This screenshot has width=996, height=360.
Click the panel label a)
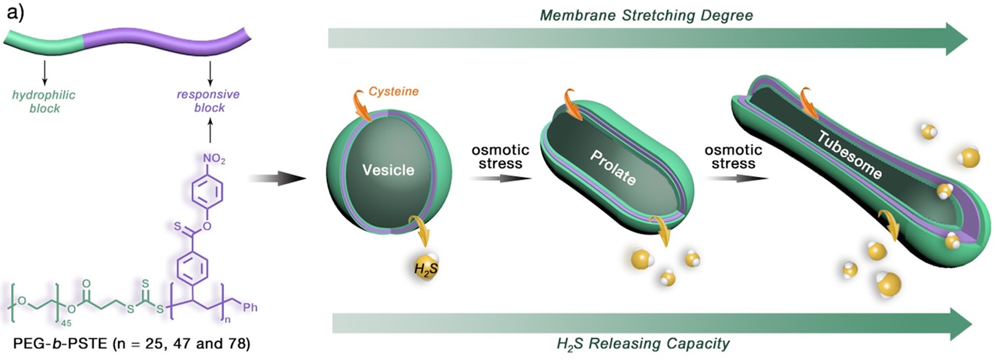point(15,12)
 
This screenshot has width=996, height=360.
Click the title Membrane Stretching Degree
point(646,16)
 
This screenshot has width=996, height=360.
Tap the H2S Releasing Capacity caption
point(643,344)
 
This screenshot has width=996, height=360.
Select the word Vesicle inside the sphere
point(388,170)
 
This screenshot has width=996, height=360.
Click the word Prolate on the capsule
point(613,168)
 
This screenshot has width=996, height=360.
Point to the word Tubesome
point(850,154)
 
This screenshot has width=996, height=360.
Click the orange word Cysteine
point(393,92)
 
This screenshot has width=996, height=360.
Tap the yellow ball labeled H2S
point(426,268)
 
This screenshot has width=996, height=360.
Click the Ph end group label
point(250,308)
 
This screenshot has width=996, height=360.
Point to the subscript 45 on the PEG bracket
point(67,324)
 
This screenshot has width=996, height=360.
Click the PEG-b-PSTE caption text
point(131,344)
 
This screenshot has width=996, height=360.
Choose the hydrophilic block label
point(44,101)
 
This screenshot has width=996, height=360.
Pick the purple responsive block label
point(208,101)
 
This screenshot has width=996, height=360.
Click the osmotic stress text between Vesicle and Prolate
point(500,157)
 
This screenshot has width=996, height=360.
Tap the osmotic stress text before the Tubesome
point(733,157)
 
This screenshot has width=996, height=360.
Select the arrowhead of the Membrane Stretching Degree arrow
point(956,39)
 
